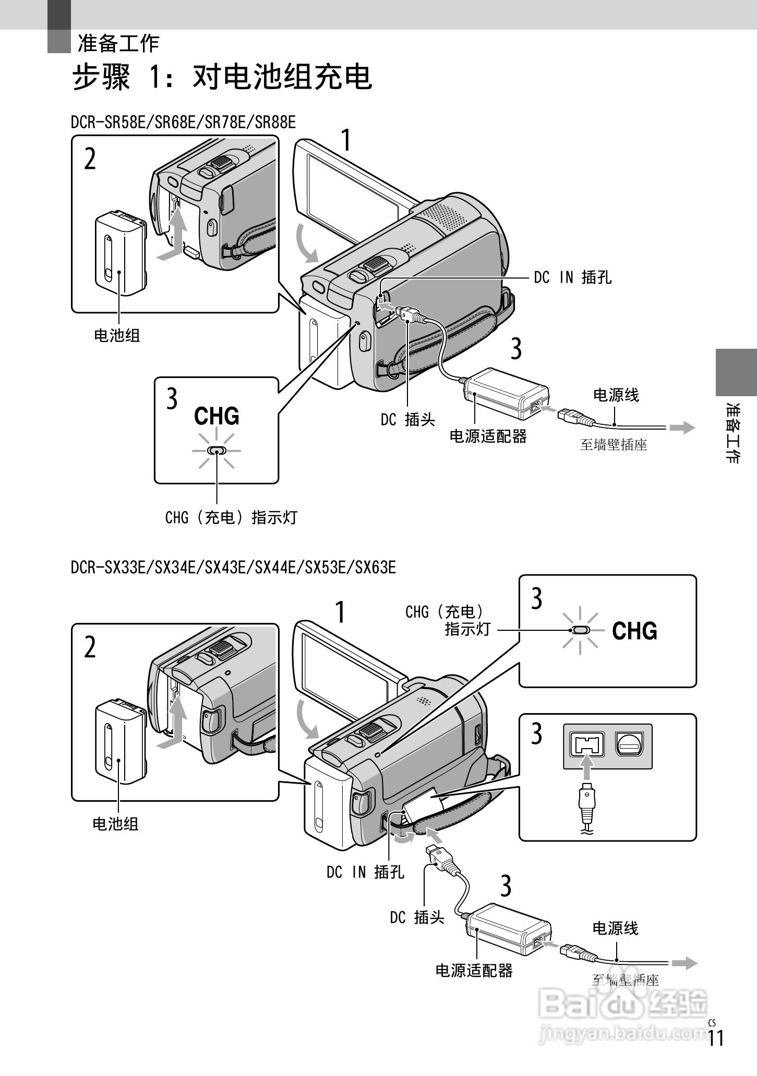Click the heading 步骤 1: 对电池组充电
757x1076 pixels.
(222, 78)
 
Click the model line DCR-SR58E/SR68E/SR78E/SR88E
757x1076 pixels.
(183, 123)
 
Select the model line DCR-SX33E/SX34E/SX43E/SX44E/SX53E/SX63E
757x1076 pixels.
(233, 567)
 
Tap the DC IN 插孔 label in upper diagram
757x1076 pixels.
(572, 278)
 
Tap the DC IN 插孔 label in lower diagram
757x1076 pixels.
(365, 872)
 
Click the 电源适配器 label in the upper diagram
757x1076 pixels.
(488, 436)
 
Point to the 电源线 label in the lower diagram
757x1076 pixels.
(615, 928)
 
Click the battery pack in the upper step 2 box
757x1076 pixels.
(120, 250)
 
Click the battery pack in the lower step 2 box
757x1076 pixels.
(120, 741)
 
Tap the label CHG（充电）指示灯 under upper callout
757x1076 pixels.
(231, 518)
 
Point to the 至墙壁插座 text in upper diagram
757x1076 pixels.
(614, 445)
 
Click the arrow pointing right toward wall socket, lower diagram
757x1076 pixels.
(684, 962)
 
